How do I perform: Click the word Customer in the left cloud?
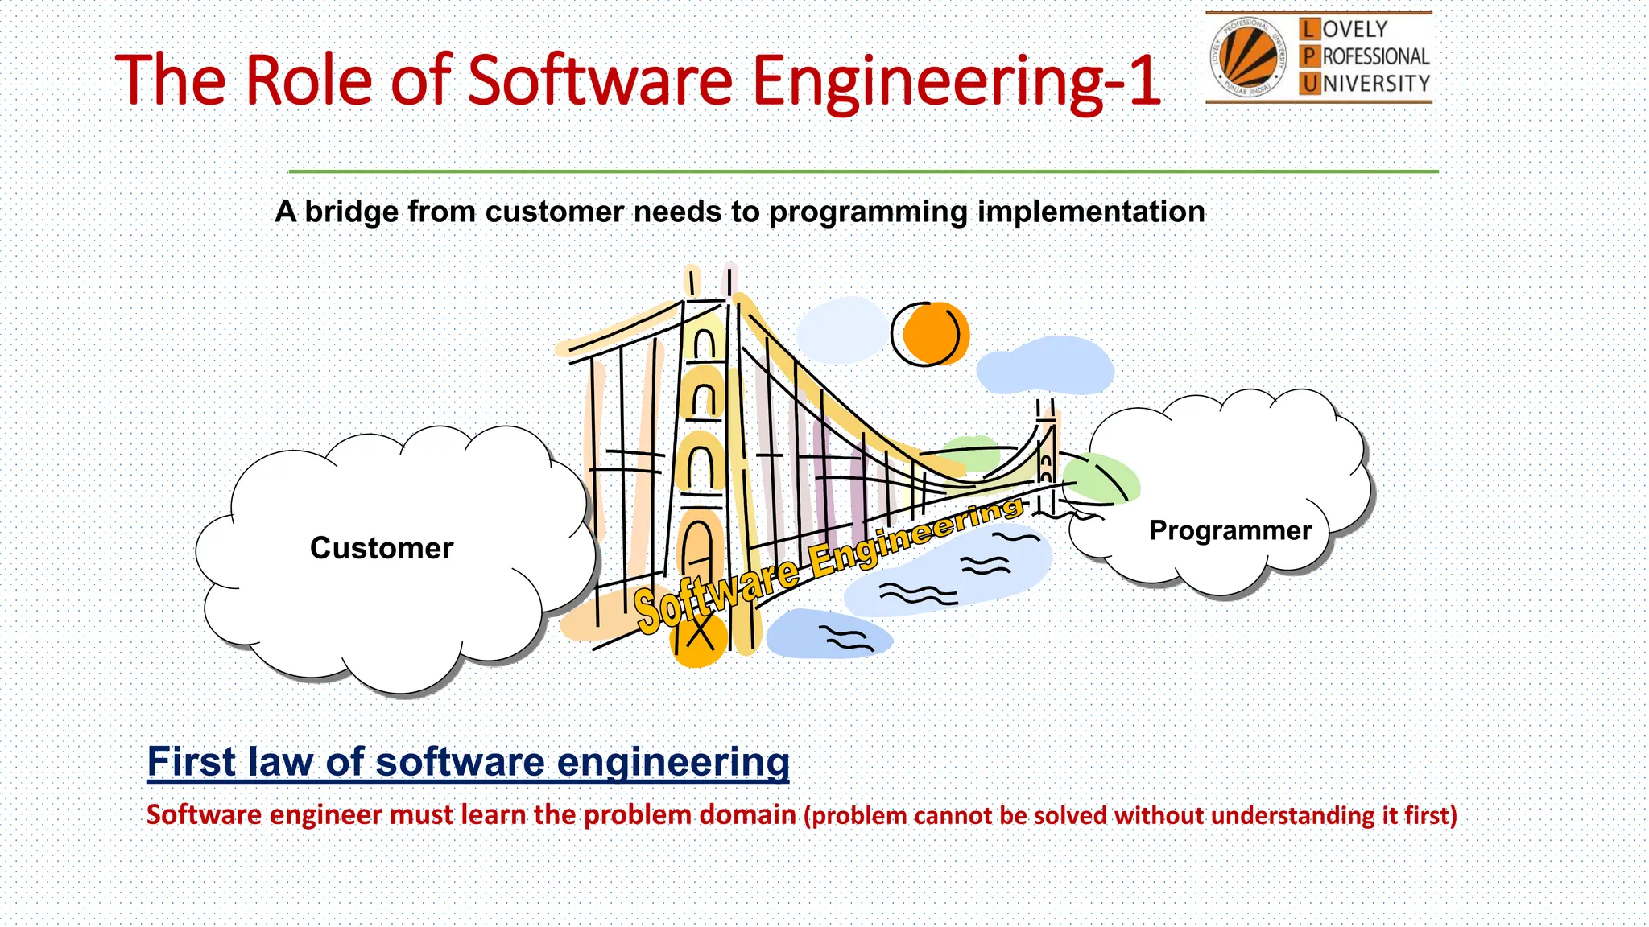coord(381,548)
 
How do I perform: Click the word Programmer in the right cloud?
coord(1230,530)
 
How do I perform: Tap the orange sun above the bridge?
coord(932,334)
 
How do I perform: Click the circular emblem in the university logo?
coord(1246,56)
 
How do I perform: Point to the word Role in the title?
coord(308,80)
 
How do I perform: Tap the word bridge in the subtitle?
coord(351,212)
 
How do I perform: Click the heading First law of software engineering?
coord(468,761)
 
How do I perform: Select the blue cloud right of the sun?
coord(1044,365)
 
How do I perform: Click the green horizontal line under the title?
coord(862,171)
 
